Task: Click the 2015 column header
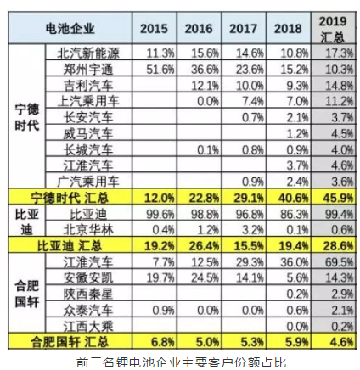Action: click(154, 28)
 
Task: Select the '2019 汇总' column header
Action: click(333, 29)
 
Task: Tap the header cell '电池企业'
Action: click(70, 28)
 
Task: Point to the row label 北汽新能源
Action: click(88, 53)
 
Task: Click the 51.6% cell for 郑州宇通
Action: click(160, 69)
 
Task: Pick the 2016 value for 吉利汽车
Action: click(205, 86)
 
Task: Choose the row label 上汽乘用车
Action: click(88, 101)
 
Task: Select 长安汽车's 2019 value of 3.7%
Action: click(342, 117)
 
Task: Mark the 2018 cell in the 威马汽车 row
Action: click(297, 133)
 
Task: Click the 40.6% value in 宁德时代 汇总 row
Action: click(293, 198)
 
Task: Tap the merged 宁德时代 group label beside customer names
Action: click(27, 117)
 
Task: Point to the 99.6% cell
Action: click(160, 214)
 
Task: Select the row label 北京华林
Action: click(88, 230)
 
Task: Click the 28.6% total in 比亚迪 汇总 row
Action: click(338, 245)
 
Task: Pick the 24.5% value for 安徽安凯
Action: click(205, 278)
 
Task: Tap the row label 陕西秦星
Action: click(88, 294)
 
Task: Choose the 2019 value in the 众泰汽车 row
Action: click(342, 311)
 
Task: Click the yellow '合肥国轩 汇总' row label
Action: click(70, 342)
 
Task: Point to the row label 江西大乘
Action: click(88, 327)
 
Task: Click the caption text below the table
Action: click(181, 362)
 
